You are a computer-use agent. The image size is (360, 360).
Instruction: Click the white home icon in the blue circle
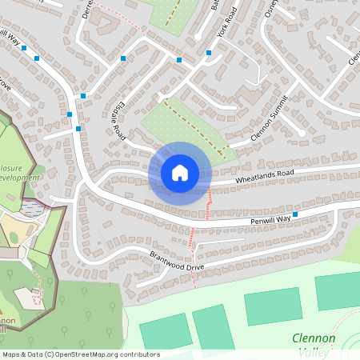coord(179,173)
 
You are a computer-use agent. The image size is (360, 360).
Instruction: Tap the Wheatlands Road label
coord(264,177)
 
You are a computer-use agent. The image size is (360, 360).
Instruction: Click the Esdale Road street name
coord(114,118)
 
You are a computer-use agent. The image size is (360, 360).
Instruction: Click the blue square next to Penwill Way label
coord(295,214)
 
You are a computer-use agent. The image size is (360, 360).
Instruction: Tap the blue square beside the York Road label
coord(208,53)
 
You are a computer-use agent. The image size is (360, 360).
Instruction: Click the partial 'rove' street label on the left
coord(6,84)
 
